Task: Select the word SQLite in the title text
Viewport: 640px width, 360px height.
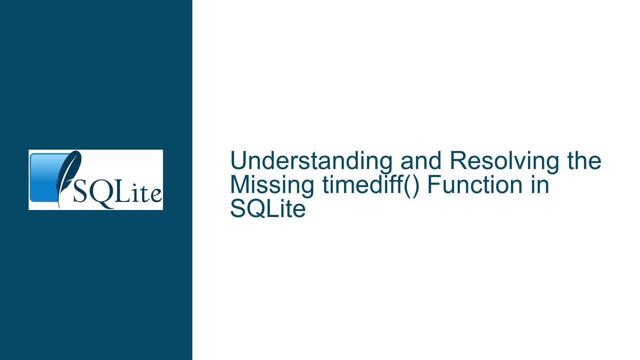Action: tap(268, 209)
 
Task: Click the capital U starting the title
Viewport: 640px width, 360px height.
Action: tap(238, 161)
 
